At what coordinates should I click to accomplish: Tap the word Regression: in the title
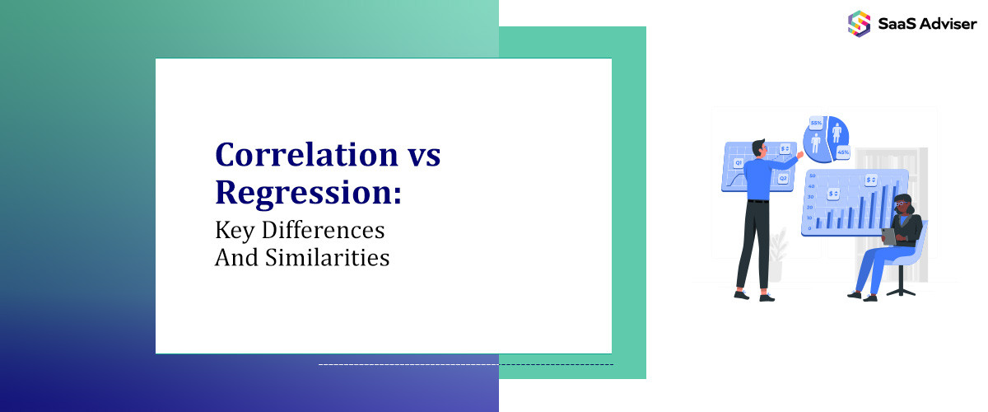pyautogui.click(x=309, y=192)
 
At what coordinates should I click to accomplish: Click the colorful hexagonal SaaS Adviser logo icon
pyautogui.click(x=859, y=23)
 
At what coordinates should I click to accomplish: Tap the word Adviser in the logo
pyautogui.click(x=948, y=24)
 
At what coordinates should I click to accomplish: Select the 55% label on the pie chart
pyautogui.click(x=816, y=124)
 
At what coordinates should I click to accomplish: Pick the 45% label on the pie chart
pyautogui.click(x=842, y=152)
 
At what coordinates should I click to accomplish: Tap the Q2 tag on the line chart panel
pyautogui.click(x=783, y=178)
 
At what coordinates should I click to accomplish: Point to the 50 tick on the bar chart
pyautogui.click(x=810, y=176)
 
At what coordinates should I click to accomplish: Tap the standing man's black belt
pyautogui.click(x=757, y=200)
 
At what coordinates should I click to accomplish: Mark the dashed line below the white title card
pyautogui.click(x=465, y=364)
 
